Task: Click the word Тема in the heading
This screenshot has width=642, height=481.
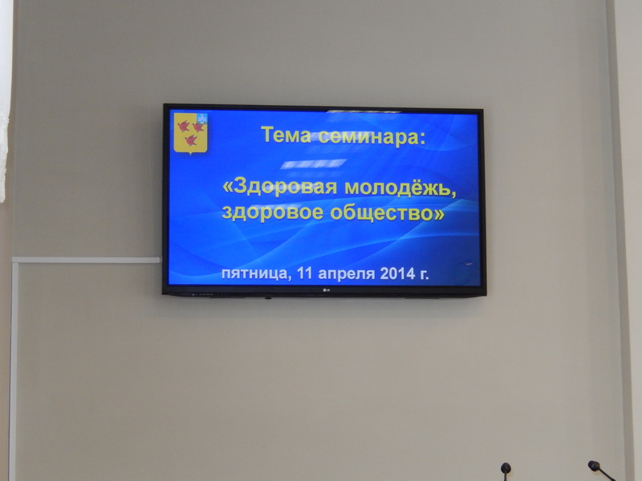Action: (286, 135)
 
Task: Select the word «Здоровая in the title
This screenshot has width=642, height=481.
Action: (279, 187)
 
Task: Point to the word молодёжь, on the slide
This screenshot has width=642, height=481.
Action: (400, 188)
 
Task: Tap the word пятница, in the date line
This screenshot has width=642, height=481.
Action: (256, 273)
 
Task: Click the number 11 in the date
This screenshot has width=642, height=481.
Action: (305, 273)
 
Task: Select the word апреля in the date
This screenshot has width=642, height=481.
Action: (347, 273)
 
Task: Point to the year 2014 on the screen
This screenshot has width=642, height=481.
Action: (397, 273)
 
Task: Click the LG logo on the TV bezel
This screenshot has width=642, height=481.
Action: (327, 291)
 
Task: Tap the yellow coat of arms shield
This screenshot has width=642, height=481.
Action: (190, 133)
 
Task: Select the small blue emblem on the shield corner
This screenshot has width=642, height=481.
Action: (202, 118)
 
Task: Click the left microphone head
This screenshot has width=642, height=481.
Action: (506, 467)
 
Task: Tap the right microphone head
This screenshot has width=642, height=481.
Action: (594, 466)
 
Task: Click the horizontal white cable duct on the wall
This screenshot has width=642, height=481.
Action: (86, 260)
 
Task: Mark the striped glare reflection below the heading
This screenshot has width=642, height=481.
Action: (313, 164)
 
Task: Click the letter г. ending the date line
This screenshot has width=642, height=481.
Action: (425, 274)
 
